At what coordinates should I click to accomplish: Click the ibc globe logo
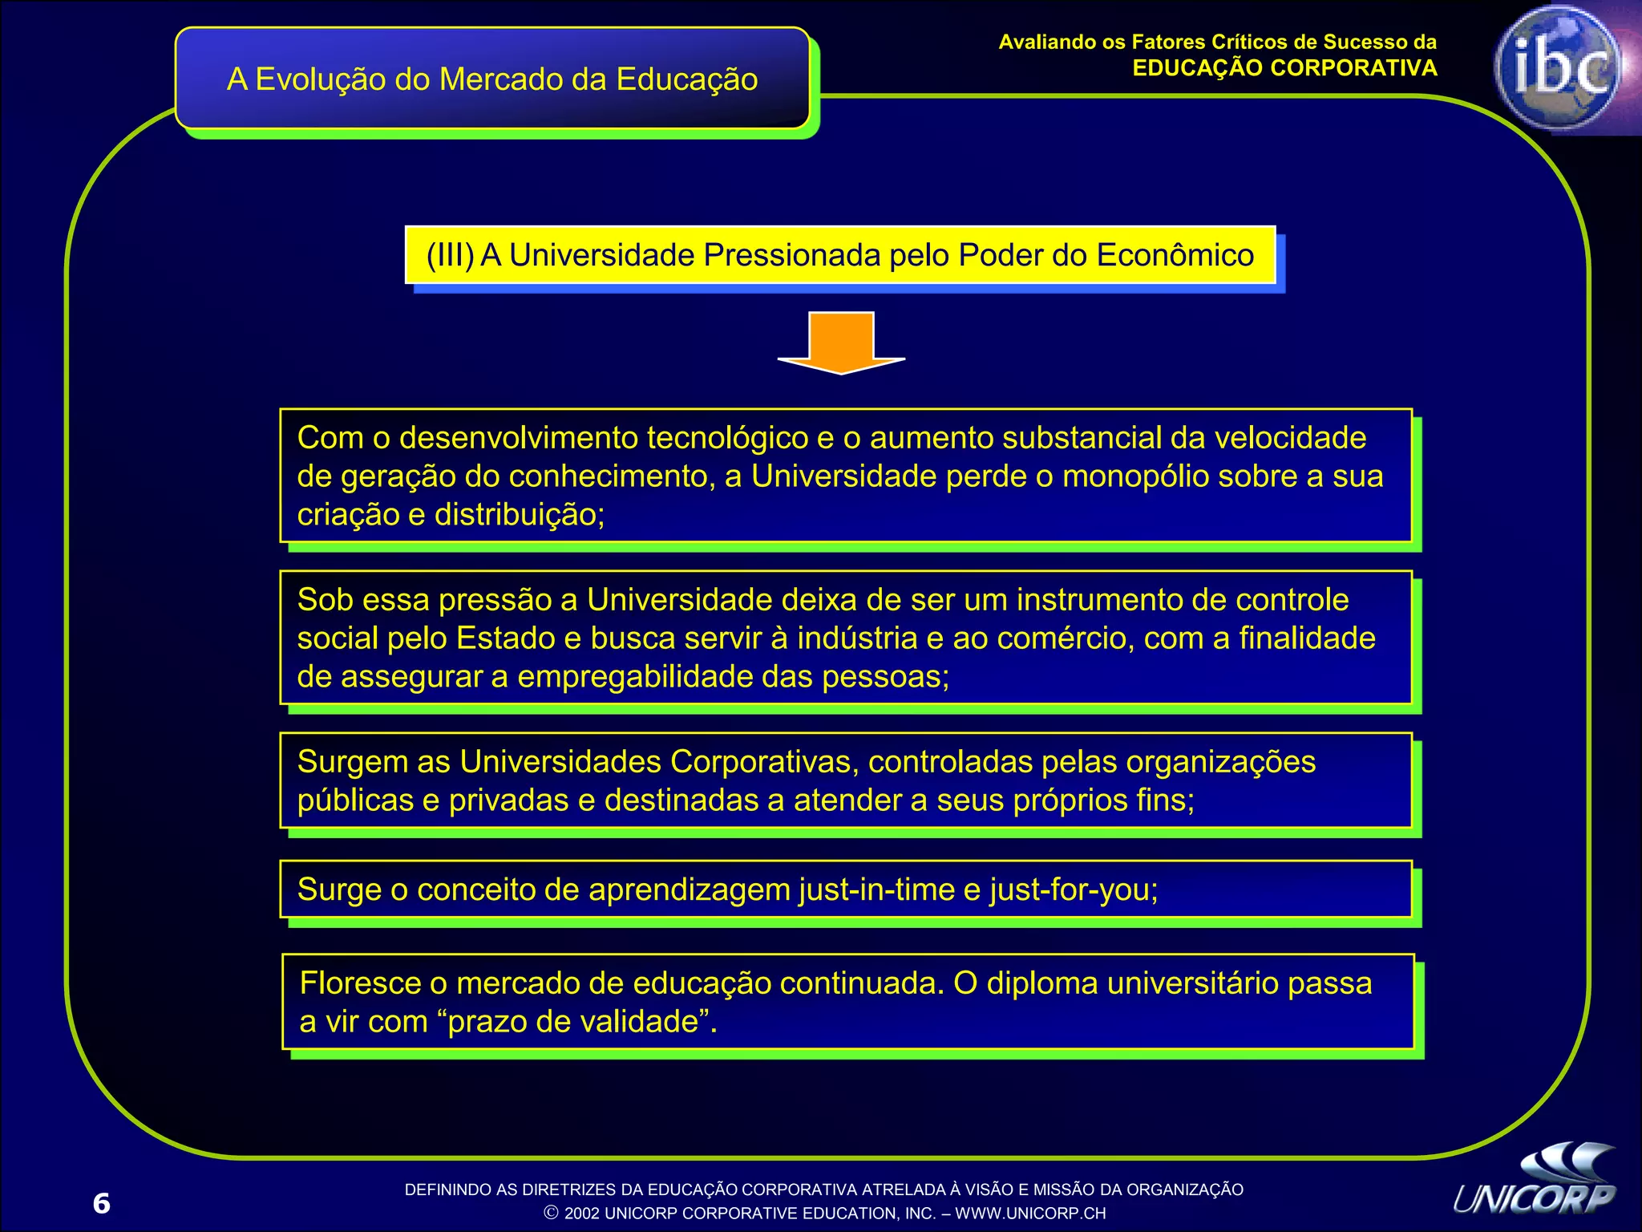[1559, 68]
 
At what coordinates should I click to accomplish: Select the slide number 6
[101, 1203]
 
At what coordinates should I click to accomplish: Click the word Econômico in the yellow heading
[1175, 255]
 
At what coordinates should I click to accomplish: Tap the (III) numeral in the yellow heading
[450, 255]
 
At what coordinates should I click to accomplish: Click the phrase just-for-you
[1074, 890]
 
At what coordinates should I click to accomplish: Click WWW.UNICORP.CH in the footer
[1030, 1214]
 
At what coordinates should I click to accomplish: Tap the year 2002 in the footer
[582, 1214]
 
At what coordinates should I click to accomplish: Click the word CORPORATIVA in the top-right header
[1353, 68]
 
